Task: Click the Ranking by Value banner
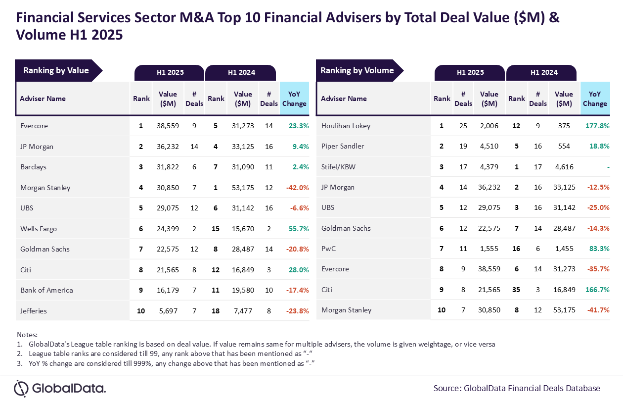pos(56,70)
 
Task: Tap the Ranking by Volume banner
pos(357,70)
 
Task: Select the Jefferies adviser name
pos(34,311)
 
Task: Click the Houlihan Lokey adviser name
pos(346,126)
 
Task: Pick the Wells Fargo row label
pos(39,229)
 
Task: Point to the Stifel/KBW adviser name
pos(338,167)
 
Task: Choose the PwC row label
pos(328,249)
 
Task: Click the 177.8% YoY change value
pos(597,126)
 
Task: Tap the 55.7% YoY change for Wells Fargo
pos(298,229)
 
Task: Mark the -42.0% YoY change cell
pos(297,188)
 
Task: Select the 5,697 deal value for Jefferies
pos(168,311)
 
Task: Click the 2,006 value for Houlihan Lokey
pos(489,126)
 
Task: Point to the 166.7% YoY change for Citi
pos(597,289)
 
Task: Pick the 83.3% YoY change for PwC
pos(599,249)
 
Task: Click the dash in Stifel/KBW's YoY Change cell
pos(608,167)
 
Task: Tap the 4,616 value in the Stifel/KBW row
pos(564,167)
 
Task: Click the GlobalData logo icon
pos(21,388)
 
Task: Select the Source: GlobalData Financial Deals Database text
pos(517,388)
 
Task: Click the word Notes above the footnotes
pos(27,335)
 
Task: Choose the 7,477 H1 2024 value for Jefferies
pos(243,311)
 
